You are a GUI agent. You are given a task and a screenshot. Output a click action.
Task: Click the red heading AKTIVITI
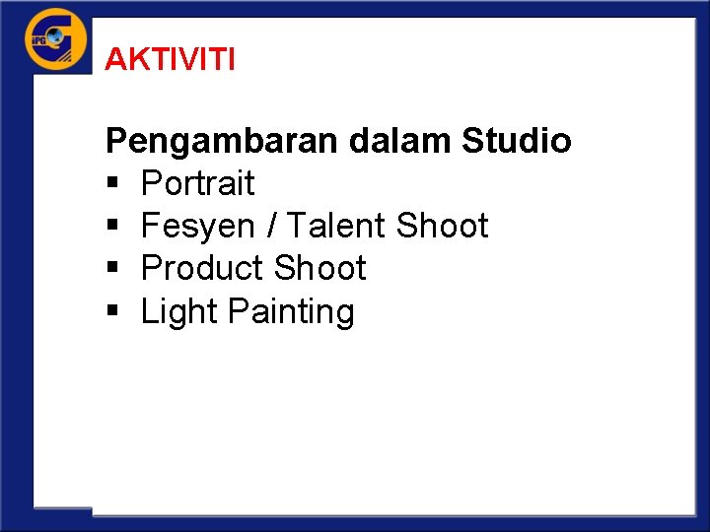tap(170, 60)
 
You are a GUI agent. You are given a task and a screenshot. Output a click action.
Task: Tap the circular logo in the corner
tap(55, 39)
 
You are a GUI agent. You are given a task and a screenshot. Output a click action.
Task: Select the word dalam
tap(400, 141)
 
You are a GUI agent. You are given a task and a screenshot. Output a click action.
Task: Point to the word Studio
tap(516, 141)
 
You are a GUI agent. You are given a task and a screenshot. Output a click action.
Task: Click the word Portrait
tap(197, 183)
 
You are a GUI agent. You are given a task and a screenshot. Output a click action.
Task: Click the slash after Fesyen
tap(270, 226)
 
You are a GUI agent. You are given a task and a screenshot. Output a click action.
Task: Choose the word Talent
tap(335, 226)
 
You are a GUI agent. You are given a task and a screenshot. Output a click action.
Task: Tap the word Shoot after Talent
tap(442, 226)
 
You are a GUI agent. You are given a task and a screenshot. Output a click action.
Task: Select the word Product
tap(203, 268)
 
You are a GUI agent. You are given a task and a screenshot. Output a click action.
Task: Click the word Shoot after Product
tap(319, 268)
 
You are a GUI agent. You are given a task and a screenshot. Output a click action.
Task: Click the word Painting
tap(290, 312)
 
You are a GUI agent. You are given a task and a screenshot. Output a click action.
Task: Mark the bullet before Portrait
tap(111, 184)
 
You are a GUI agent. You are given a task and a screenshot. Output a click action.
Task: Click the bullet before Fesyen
tap(111, 227)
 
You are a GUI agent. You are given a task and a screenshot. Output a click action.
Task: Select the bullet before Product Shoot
tap(111, 269)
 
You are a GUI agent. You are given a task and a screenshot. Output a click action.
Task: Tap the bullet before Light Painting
tap(111, 312)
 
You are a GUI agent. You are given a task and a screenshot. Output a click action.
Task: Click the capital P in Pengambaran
tap(115, 141)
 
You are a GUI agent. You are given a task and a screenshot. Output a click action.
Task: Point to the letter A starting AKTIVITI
tap(113, 60)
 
